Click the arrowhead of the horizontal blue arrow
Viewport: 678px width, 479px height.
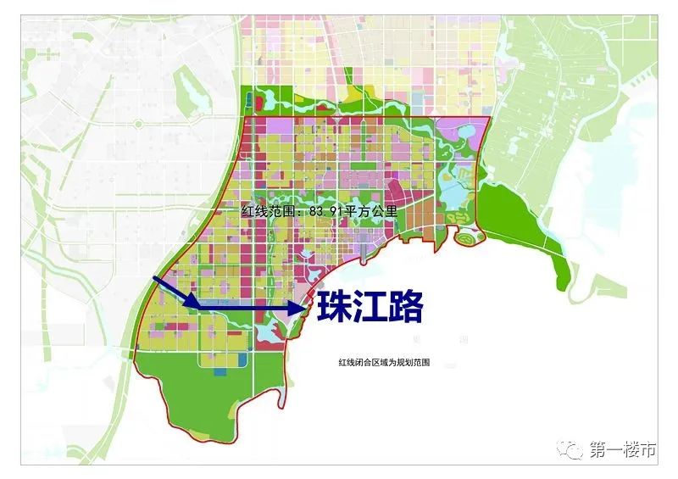pyautogui.click(x=297, y=309)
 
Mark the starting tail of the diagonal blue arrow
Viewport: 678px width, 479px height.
pyautogui.click(x=153, y=278)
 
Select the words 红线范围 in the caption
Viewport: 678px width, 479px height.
pyautogui.click(x=262, y=212)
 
